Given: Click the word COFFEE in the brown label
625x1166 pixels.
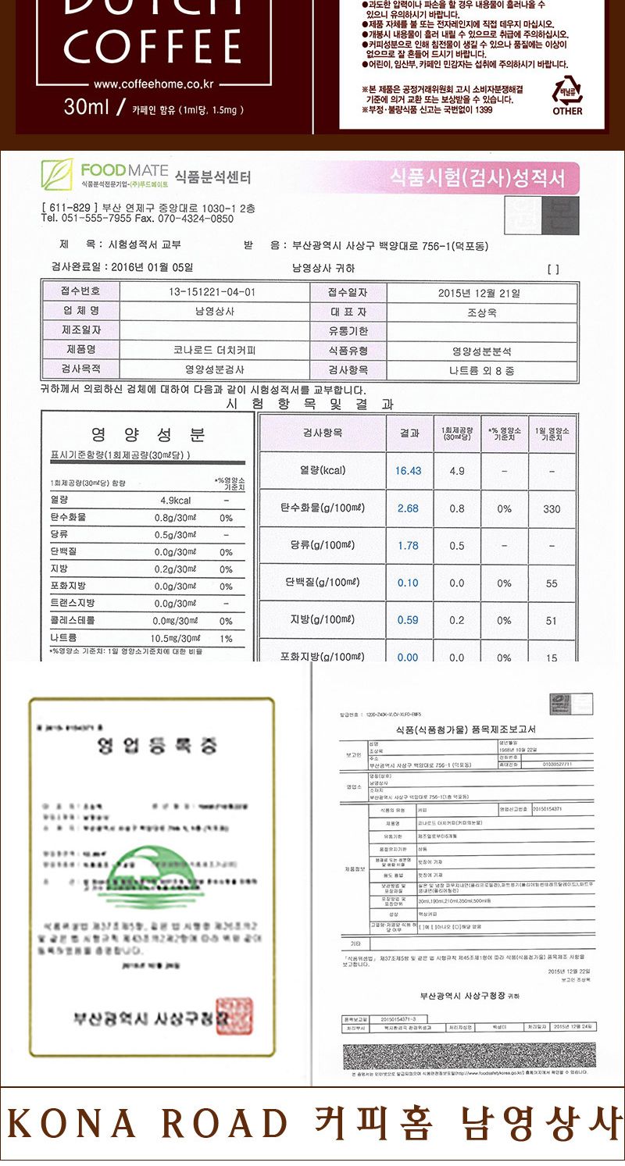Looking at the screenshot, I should coord(152,47).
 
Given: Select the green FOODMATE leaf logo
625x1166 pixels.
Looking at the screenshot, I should coord(56,173).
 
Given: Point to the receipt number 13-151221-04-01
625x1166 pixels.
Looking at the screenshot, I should coord(212,292).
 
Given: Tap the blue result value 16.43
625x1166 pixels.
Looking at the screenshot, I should coord(408,471).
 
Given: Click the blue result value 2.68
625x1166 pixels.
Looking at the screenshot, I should coord(408,508).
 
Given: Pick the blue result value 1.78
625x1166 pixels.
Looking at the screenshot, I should coord(408,546).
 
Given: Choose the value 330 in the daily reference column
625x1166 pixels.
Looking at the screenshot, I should coord(552,509).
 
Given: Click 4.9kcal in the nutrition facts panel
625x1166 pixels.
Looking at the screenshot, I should coord(175,501).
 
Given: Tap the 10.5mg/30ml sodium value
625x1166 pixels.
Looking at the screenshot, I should coord(176,638).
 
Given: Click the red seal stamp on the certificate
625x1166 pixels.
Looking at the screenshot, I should coord(234,1016).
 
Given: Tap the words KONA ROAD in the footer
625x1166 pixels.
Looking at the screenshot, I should coord(148,1123).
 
